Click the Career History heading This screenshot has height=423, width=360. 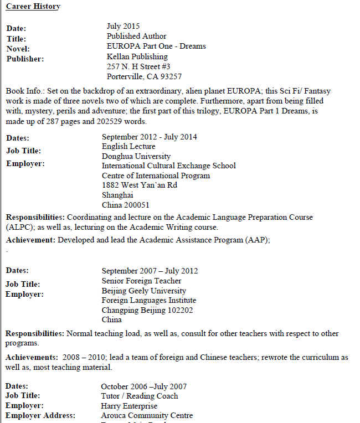tap(33, 7)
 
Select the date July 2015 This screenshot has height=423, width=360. tap(123, 26)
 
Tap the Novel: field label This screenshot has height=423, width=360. tap(18, 49)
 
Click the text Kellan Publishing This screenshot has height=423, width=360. tap(137, 56)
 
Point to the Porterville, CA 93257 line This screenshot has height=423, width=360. tap(144, 76)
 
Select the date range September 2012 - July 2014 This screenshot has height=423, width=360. tap(149, 137)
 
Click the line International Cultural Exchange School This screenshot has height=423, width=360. tap(168, 166)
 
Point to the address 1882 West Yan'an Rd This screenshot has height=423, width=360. tap(139, 185)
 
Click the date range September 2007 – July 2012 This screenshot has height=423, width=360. tap(150, 271)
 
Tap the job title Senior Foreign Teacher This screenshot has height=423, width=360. tap(141, 281)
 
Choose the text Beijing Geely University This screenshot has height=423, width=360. tap(143, 291)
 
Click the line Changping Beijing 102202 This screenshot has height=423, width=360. tap(147, 310)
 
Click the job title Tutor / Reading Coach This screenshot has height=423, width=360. tap(139, 396)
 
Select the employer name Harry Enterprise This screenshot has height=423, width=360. tap(129, 406)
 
